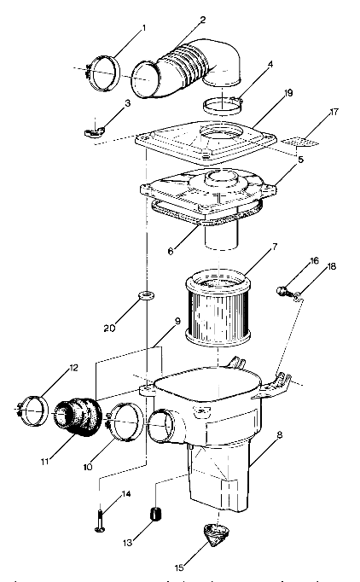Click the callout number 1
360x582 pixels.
[x=142, y=28]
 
